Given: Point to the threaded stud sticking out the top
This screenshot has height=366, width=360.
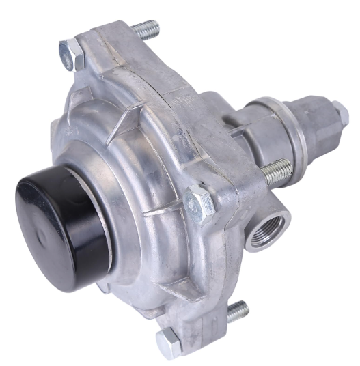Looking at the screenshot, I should coord(146,29).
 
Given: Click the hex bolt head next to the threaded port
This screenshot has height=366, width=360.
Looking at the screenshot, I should coord(199,201).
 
